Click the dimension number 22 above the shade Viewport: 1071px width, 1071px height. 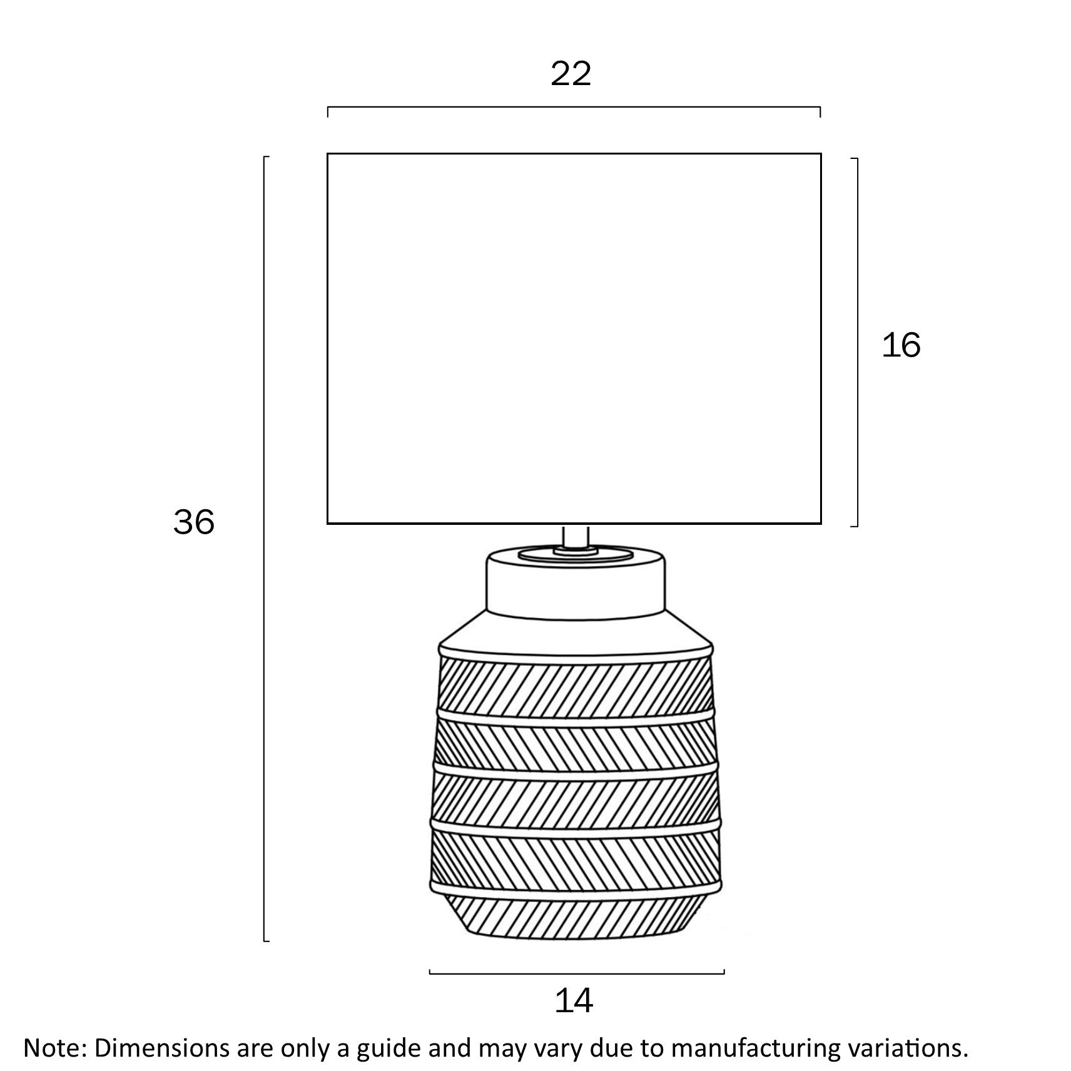click(571, 74)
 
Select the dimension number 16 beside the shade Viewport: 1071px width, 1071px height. click(901, 345)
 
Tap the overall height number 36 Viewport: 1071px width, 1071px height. click(194, 522)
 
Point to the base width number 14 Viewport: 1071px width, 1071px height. click(574, 1002)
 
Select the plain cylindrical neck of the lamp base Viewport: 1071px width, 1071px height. click(576, 582)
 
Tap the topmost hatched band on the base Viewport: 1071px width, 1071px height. click(576, 683)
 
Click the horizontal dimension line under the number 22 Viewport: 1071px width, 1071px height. click(574, 107)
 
